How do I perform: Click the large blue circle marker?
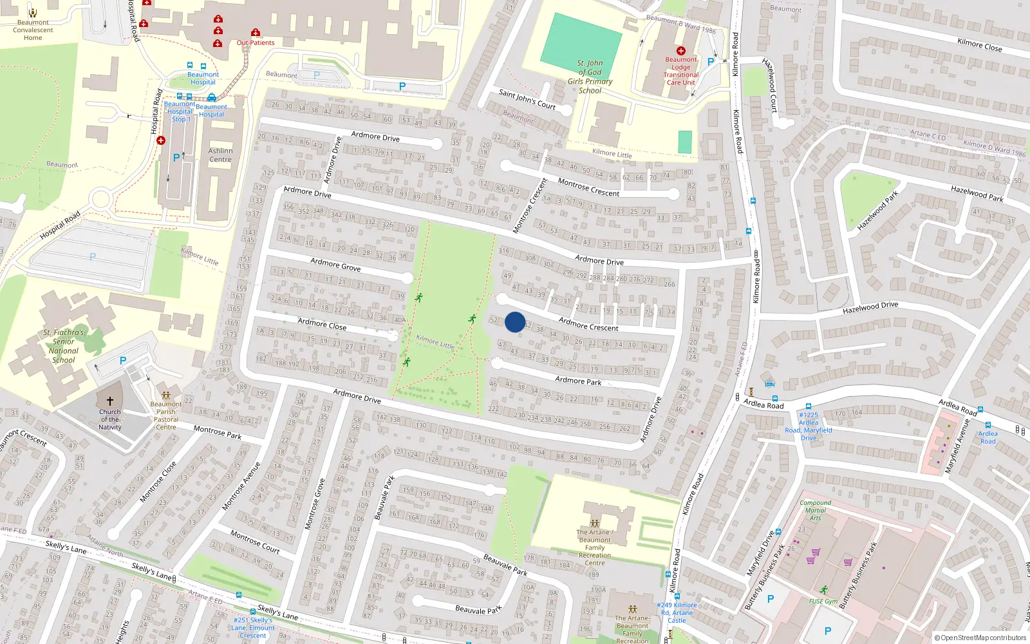pyautogui.click(x=515, y=322)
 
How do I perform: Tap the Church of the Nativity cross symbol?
pyautogui.click(x=110, y=401)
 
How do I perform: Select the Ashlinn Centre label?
pyautogui.click(x=220, y=155)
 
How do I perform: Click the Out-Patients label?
pyautogui.click(x=256, y=43)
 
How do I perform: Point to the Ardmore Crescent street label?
pyautogui.click(x=588, y=323)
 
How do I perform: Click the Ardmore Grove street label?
pyautogui.click(x=335, y=264)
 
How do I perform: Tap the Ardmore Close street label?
pyautogui.click(x=322, y=324)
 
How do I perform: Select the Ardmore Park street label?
pyautogui.click(x=578, y=381)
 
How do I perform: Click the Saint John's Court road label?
pyautogui.click(x=527, y=99)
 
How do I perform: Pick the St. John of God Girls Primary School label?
pyautogui.click(x=590, y=77)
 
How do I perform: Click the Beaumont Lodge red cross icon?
pyautogui.click(x=680, y=50)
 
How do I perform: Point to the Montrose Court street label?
pyautogui.click(x=255, y=541)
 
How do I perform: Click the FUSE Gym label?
pyautogui.click(x=823, y=601)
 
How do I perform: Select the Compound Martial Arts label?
pyautogui.click(x=815, y=510)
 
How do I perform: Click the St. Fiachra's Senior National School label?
pyautogui.click(x=64, y=346)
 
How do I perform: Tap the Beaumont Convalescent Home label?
pyautogui.click(x=33, y=30)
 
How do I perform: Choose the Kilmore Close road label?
pyautogui.click(x=979, y=44)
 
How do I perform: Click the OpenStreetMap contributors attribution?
pyautogui.click(x=980, y=638)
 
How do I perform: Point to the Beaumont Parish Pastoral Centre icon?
pyautogui.click(x=165, y=395)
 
